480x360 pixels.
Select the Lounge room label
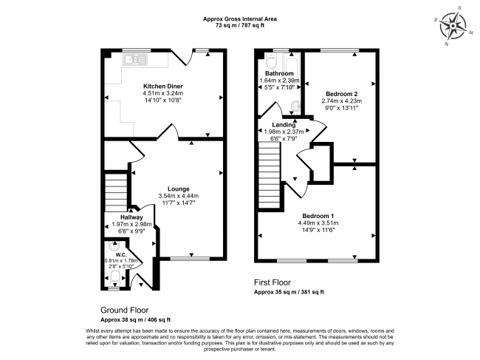click(179, 188)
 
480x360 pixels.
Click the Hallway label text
click(121, 218)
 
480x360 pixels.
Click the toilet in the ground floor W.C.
click(114, 277)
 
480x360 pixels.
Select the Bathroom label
click(280, 74)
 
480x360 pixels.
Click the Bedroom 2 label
click(340, 94)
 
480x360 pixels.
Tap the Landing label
click(284, 125)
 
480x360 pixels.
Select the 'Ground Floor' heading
click(124, 310)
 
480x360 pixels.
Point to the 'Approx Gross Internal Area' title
click(240, 19)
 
